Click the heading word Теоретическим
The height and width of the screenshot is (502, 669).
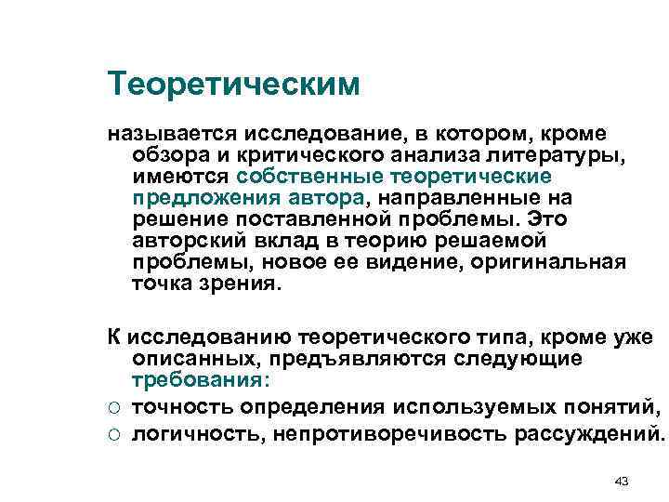(232, 85)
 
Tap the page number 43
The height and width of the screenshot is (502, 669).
(623, 456)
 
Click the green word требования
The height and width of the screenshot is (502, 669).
(198, 381)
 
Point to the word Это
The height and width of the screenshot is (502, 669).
(547, 219)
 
